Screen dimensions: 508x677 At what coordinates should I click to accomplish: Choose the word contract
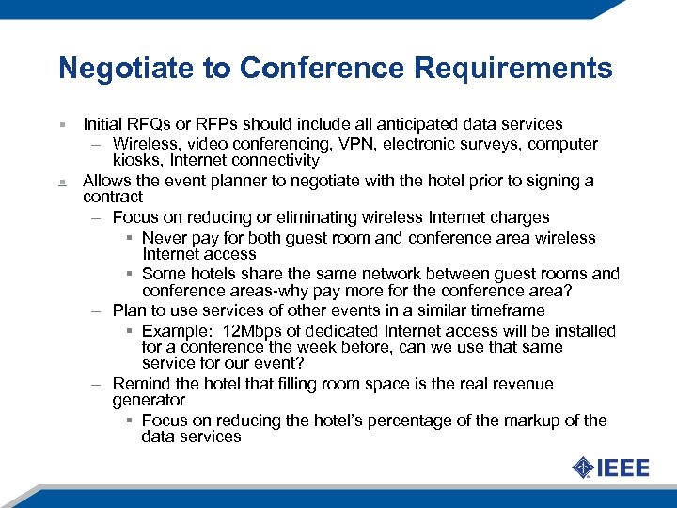pos(113,198)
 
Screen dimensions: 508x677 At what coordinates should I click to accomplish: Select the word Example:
pos(173,330)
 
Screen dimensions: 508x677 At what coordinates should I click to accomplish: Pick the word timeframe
pos(510,310)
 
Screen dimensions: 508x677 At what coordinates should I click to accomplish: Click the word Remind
pos(139,384)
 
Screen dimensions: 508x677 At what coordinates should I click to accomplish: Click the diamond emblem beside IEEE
pos(583,468)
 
